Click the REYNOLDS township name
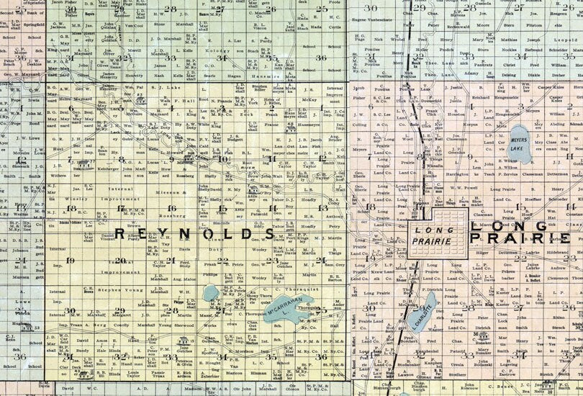click(x=186, y=235)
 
